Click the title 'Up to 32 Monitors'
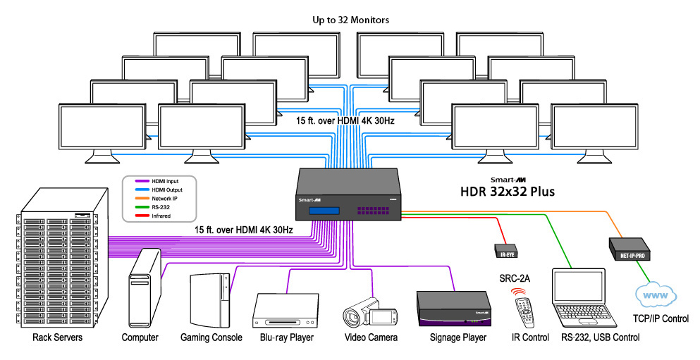(x=351, y=20)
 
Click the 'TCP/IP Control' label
(x=660, y=319)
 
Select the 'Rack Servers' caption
(x=58, y=337)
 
